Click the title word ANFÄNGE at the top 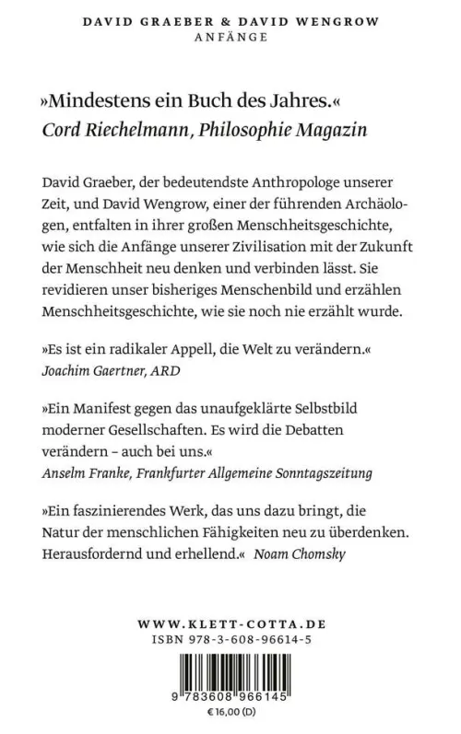[230, 38]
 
